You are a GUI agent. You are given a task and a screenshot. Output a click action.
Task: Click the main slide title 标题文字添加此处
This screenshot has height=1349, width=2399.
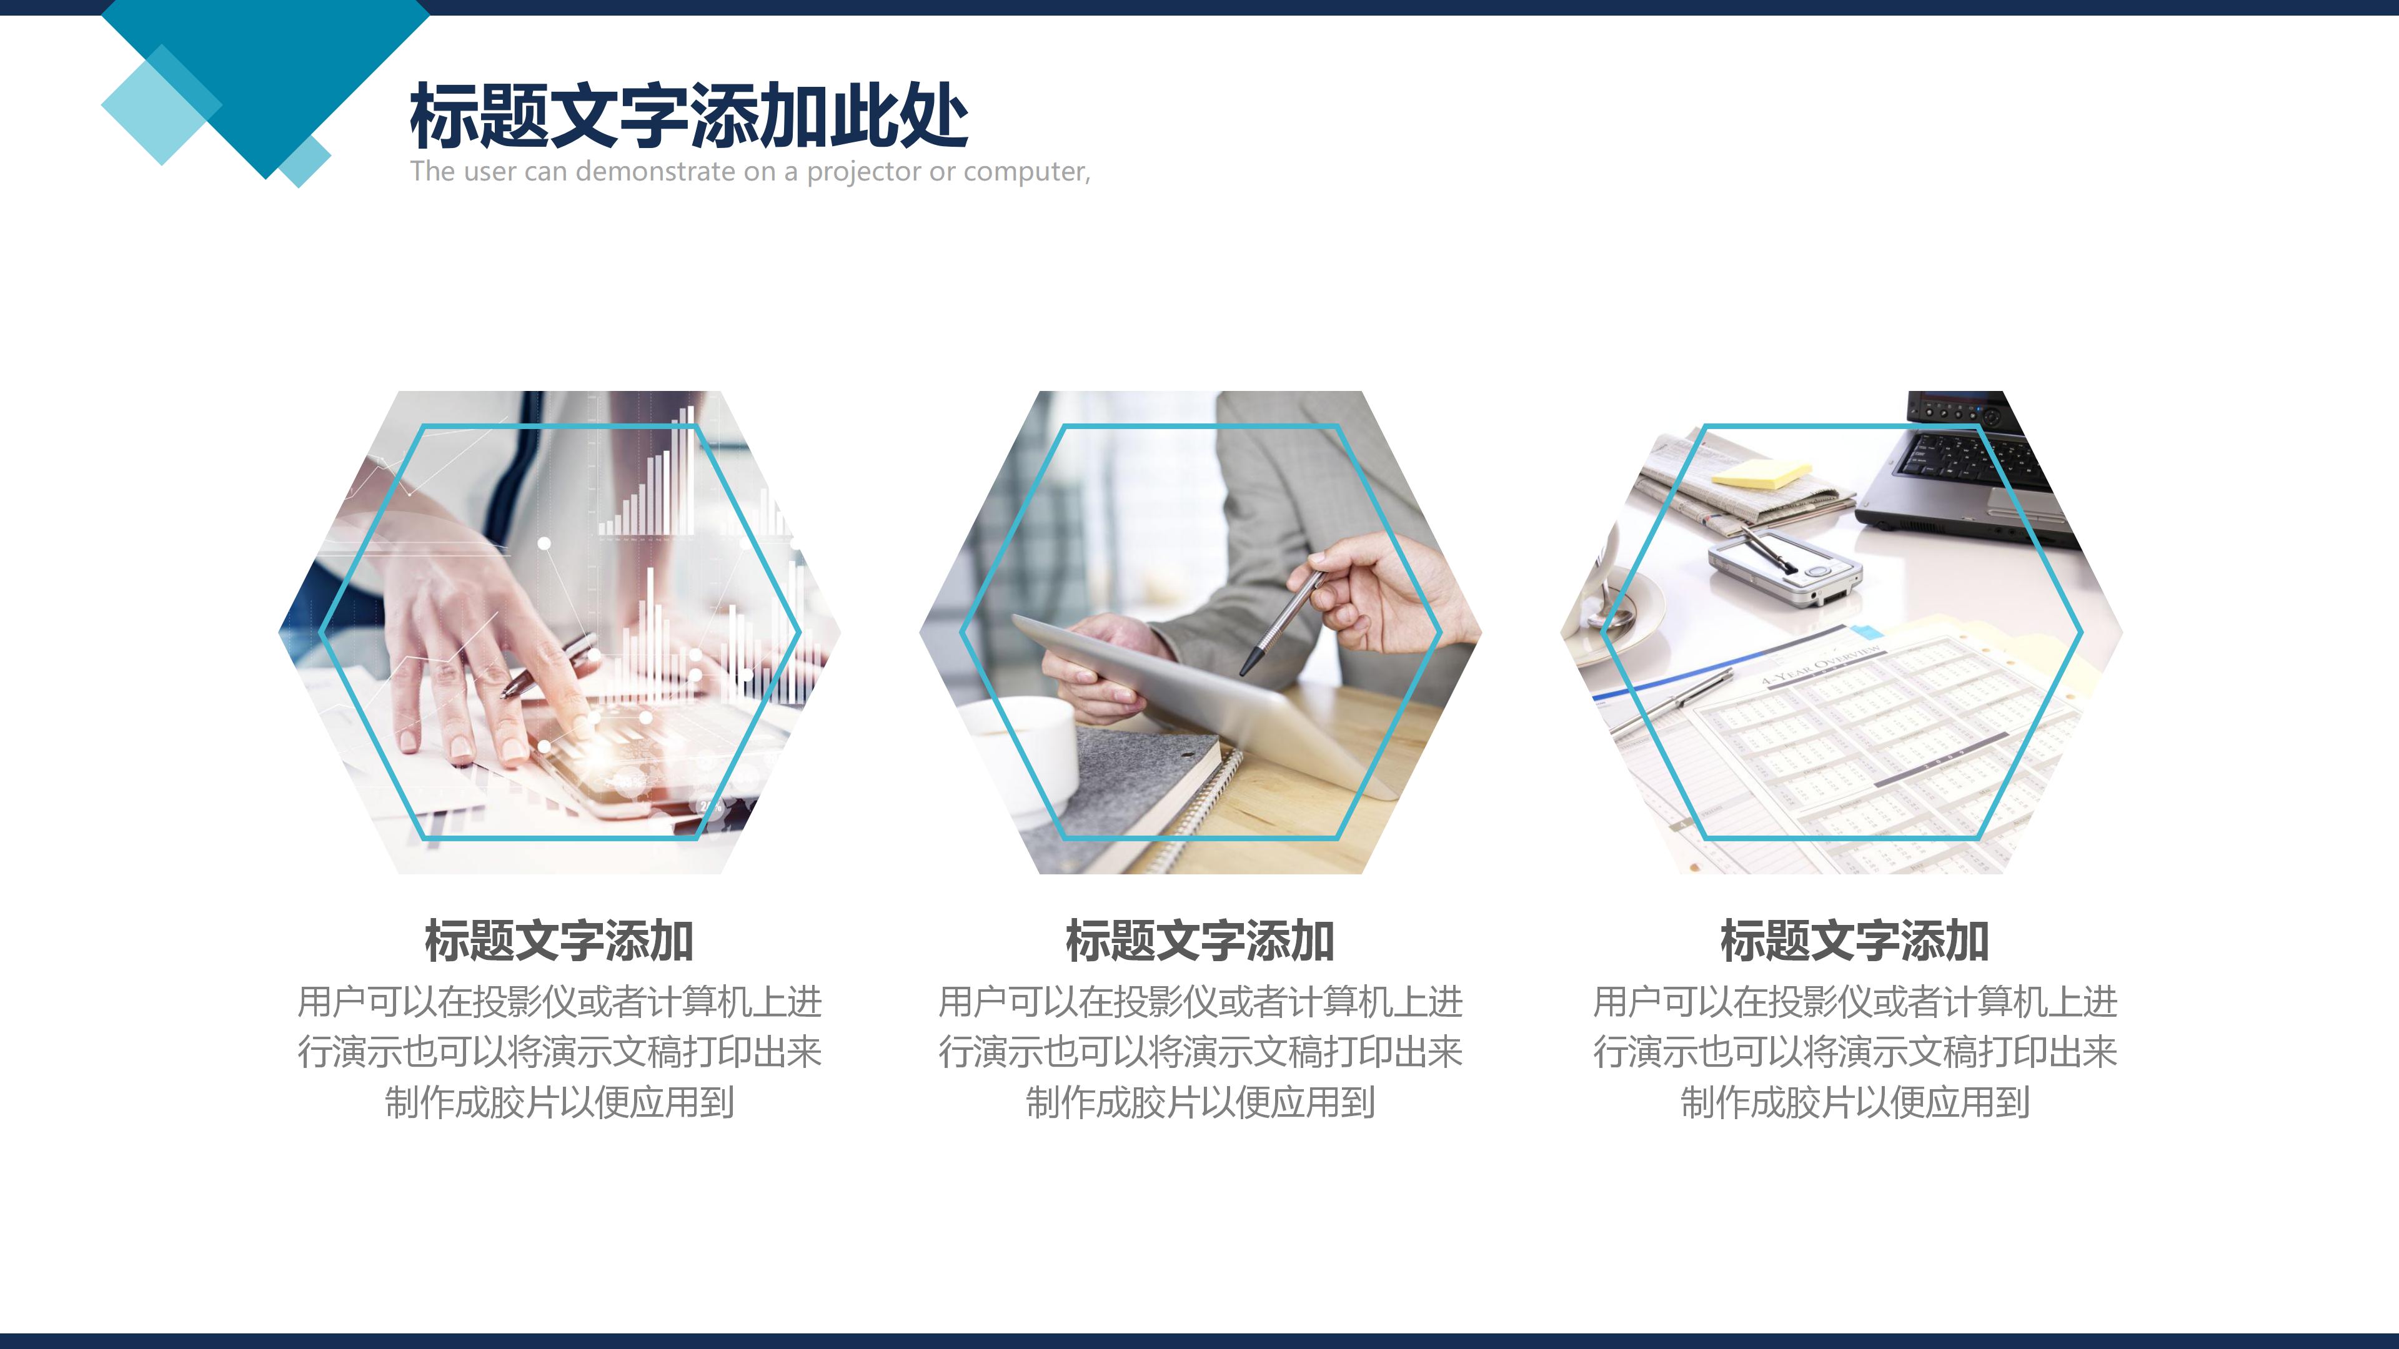coord(689,116)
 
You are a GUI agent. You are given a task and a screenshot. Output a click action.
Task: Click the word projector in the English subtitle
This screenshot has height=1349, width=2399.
coord(863,172)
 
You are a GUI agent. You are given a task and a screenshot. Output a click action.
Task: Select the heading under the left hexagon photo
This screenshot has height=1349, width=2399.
coord(559,941)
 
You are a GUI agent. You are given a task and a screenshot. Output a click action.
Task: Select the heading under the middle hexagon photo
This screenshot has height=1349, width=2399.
coord(1199,941)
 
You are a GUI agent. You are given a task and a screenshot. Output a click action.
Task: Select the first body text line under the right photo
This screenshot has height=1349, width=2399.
coord(1854,1002)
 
